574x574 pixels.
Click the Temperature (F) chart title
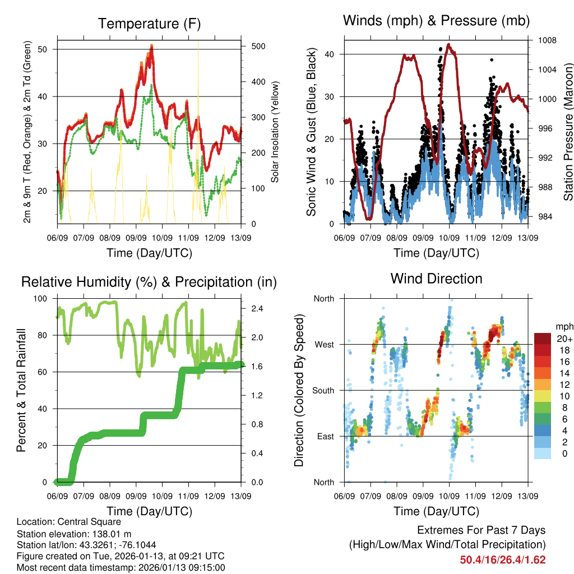point(149,24)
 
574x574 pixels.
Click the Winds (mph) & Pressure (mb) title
point(436,21)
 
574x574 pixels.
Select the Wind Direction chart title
point(436,279)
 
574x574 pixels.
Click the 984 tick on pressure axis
point(544,216)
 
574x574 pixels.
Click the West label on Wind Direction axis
point(324,344)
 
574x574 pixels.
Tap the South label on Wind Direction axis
point(323,390)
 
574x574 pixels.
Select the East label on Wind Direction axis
point(325,436)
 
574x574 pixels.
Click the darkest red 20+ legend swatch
point(542,339)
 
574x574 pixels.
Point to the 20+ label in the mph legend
point(563,339)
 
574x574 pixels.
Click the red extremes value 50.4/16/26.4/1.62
point(503,559)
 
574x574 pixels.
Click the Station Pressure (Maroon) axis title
point(568,132)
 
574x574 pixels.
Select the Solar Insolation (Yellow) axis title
point(275,132)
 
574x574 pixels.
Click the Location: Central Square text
point(68,522)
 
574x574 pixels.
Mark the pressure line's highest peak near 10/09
point(449,44)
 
